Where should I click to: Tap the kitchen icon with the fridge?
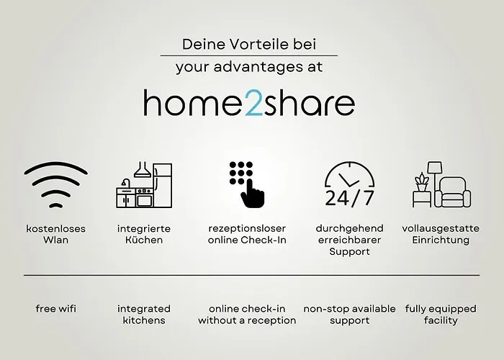pyautogui.click(x=143, y=186)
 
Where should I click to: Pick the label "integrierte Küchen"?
pyautogui.click(x=143, y=234)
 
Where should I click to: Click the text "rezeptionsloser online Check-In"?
pyautogui.click(x=247, y=234)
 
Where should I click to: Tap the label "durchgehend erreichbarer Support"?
pyautogui.click(x=349, y=240)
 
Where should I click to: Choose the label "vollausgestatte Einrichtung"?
pyautogui.click(x=441, y=234)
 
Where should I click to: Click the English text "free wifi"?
pyautogui.click(x=55, y=309)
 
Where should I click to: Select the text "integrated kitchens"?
pyautogui.click(x=143, y=315)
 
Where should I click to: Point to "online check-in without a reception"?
pyautogui.click(x=247, y=315)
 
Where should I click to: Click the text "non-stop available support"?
pyautogui.click(x=349, y=315)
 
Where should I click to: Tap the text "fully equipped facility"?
pyautogui.click(x=441, y=315)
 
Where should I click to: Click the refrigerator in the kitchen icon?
pyautogui.click(x=162, y=186)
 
